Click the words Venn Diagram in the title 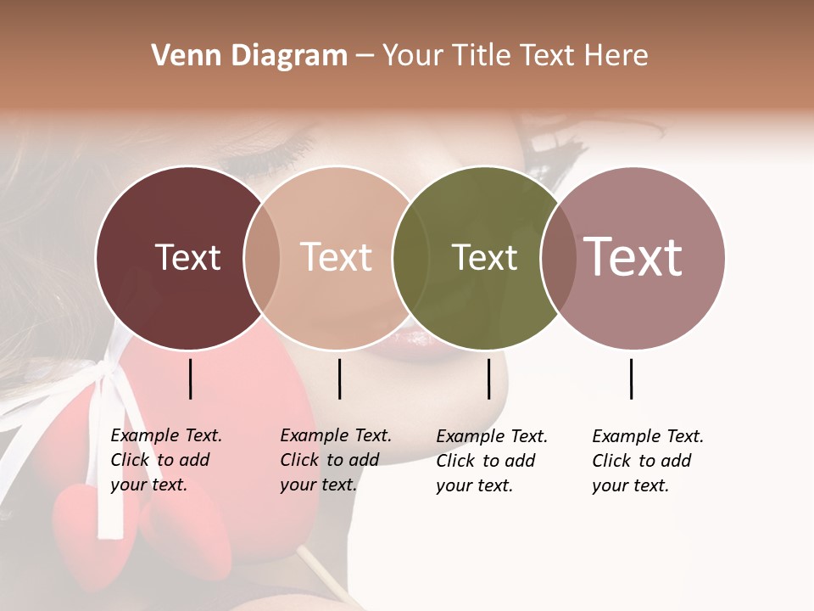(249, 56)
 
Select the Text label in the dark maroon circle (187, 257)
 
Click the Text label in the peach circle (336, 257)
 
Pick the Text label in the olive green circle (484, 257)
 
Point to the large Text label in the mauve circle (633, 257)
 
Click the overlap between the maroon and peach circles (262, 258)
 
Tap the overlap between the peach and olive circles (410, 258)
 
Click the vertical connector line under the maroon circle (191, 378)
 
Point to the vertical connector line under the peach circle (339, 378)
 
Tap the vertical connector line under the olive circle (488, 378)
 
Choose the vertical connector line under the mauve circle (632, 378)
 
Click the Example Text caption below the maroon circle (166, 460)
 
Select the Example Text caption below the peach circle (336, 460)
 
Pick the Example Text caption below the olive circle (492, 461)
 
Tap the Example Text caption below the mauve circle (648, 461)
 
